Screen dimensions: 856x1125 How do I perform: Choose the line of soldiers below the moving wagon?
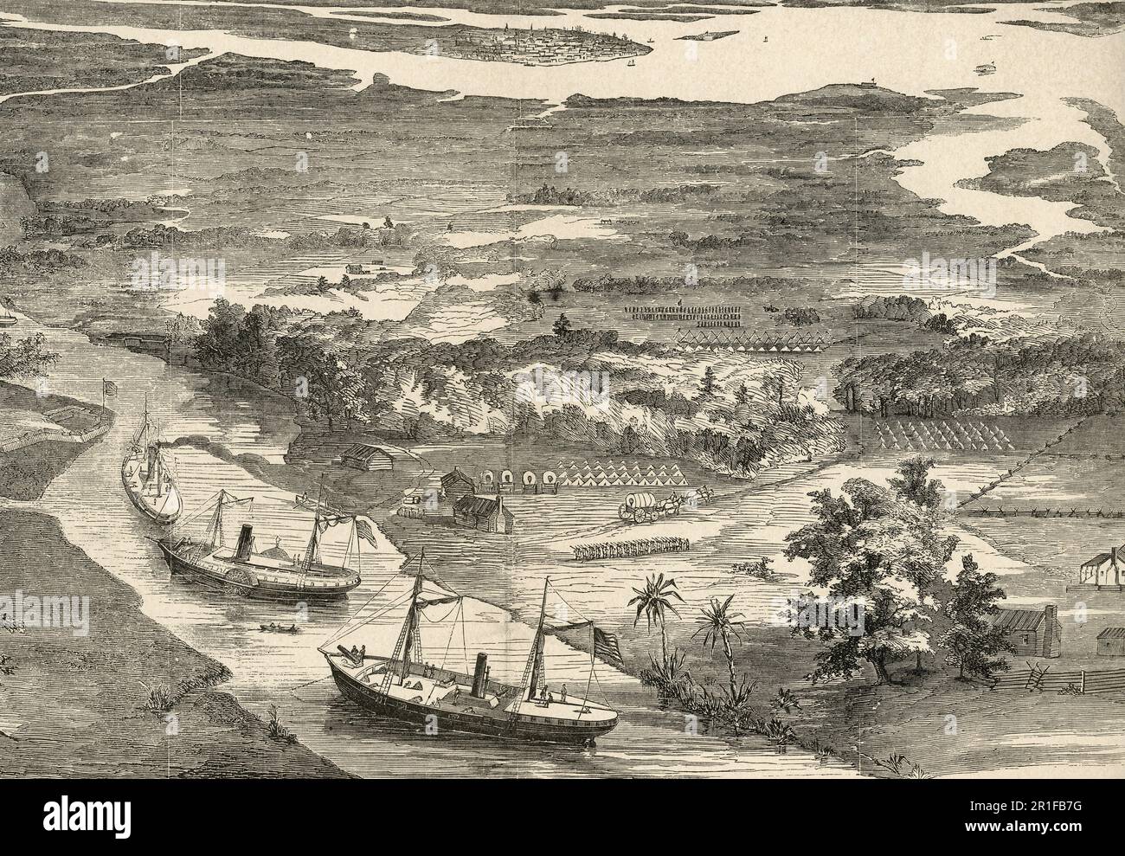click(x=630, y=547)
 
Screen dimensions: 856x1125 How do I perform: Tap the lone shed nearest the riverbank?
click(x=363, y=456)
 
